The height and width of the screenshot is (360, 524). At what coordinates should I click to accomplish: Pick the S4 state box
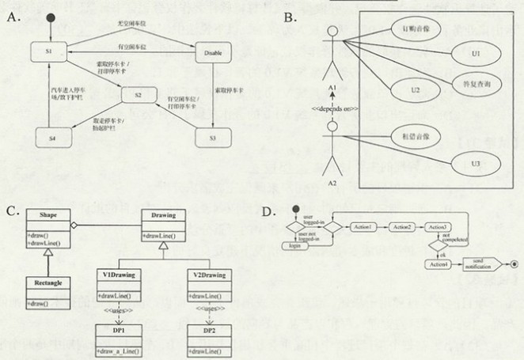tap(49, 138)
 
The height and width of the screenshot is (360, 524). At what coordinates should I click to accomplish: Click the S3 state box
tap(213, 138)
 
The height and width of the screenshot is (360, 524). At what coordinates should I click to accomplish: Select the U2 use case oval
tap(414, 90)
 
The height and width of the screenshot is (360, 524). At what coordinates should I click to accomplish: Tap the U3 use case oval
tap(477, 163)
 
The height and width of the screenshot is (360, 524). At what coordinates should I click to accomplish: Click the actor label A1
tap(333, 89)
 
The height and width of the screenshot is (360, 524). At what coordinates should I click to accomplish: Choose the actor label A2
tap(333, 182)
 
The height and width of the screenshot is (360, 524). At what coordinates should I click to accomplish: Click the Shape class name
tap(47, 215)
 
